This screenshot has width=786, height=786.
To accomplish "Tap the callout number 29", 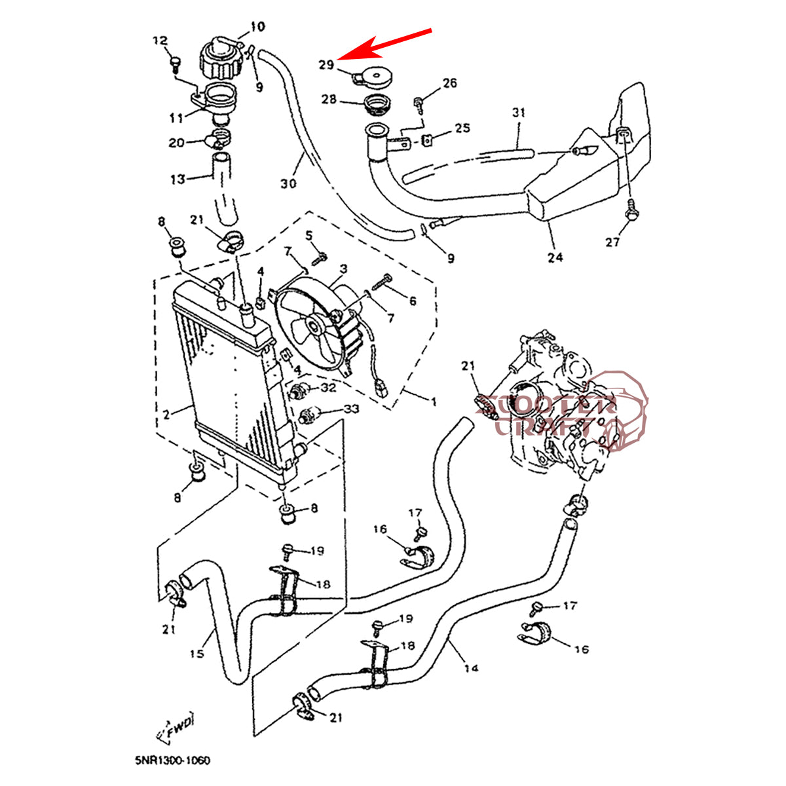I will (x=326, y=64).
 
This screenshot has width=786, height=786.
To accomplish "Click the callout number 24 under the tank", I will (x=555, y=257).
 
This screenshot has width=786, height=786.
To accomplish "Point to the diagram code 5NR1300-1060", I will (x=173, y=760).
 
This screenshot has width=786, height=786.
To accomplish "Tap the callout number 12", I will (x=160, y=41).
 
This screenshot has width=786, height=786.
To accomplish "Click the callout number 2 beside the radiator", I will (x=166, y=414).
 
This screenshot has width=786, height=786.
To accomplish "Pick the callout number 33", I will (x=351, y=409).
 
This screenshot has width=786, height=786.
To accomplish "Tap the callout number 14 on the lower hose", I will (x=471, y=668).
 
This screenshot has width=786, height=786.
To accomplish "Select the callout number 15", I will (x=197, y=653).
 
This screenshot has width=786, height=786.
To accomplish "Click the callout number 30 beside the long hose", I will (x=288, y=183).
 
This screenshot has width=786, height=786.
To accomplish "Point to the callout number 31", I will (x=518, y=112).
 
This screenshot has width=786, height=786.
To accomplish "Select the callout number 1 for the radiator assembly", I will (x=432, y=400).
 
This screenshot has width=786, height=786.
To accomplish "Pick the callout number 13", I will (x=178, y=179).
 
